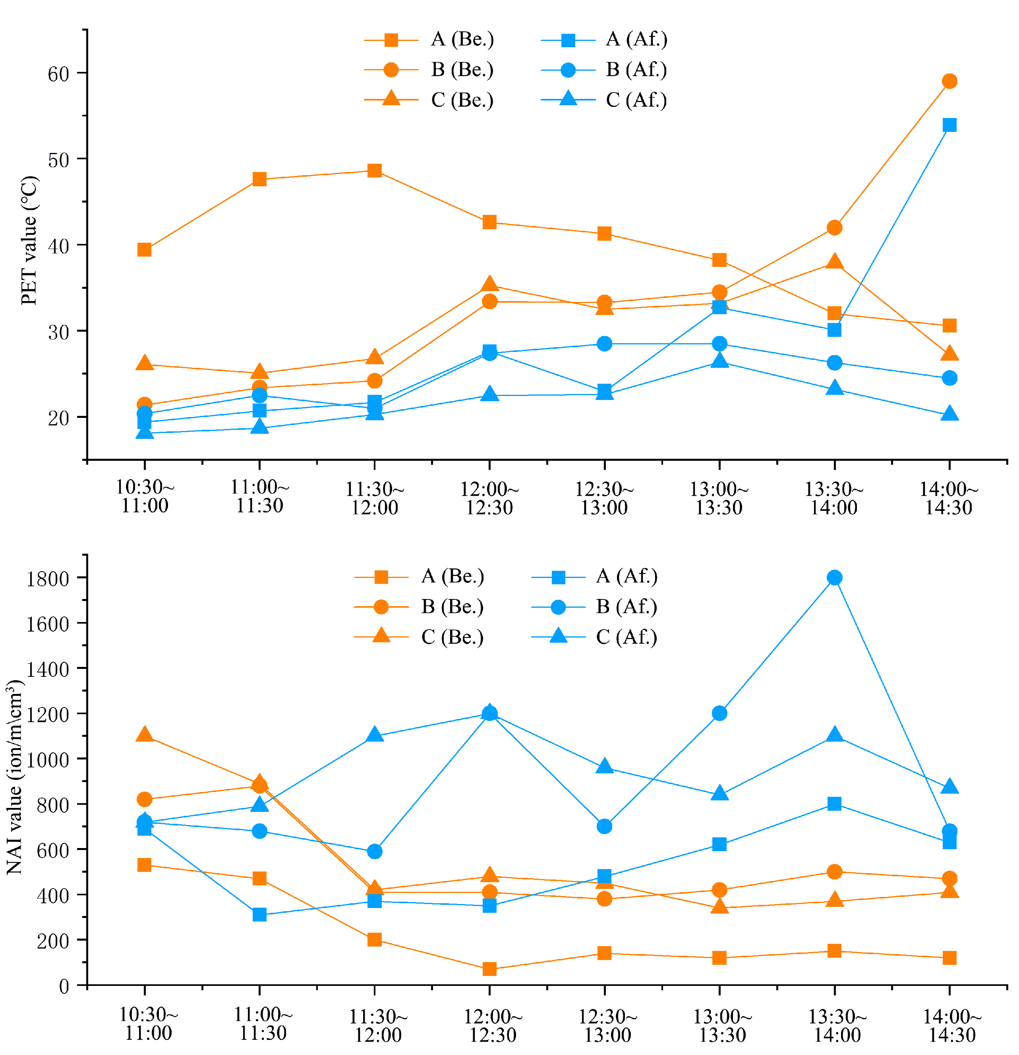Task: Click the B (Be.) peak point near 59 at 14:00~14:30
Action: click(x=949, y=81)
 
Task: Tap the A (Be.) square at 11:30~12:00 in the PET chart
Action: click(x=375, y=171)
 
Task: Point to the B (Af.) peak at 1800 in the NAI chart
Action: click(x=834, y=578)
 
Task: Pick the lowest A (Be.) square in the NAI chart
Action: click(x=489, y=969)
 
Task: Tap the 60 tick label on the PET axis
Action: click(x=59, y=74)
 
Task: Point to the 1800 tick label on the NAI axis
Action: click(x=48, y=579)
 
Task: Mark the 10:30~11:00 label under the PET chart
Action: click(x=145, y=496)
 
